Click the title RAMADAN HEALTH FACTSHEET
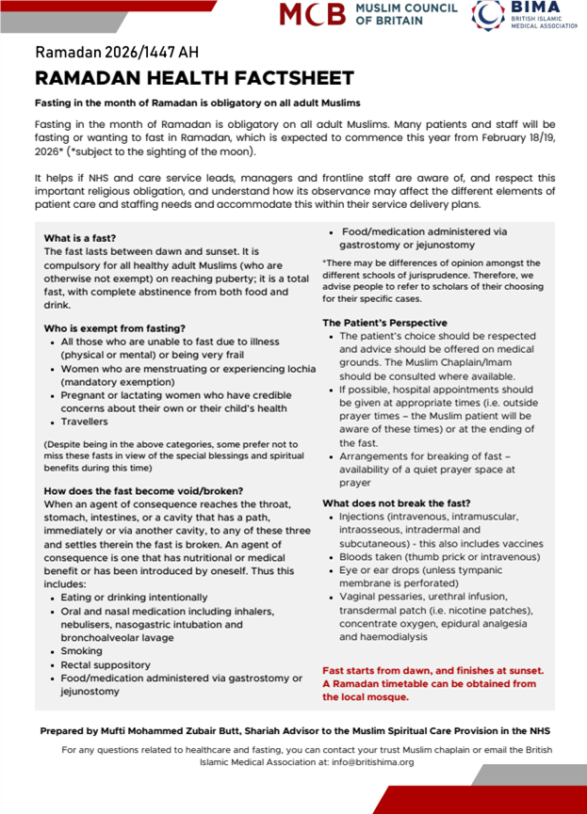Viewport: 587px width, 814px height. (194, 78)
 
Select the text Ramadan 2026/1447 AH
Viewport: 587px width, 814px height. (117, 52)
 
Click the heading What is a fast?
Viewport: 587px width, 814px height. (80, 238)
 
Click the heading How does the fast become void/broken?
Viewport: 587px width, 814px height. (143, 490)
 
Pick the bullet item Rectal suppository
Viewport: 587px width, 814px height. (107, 664)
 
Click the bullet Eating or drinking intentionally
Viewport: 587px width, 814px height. (134, 598)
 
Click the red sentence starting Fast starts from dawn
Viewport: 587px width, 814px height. (432, 670)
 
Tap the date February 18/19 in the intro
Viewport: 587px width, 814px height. (518, 137)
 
